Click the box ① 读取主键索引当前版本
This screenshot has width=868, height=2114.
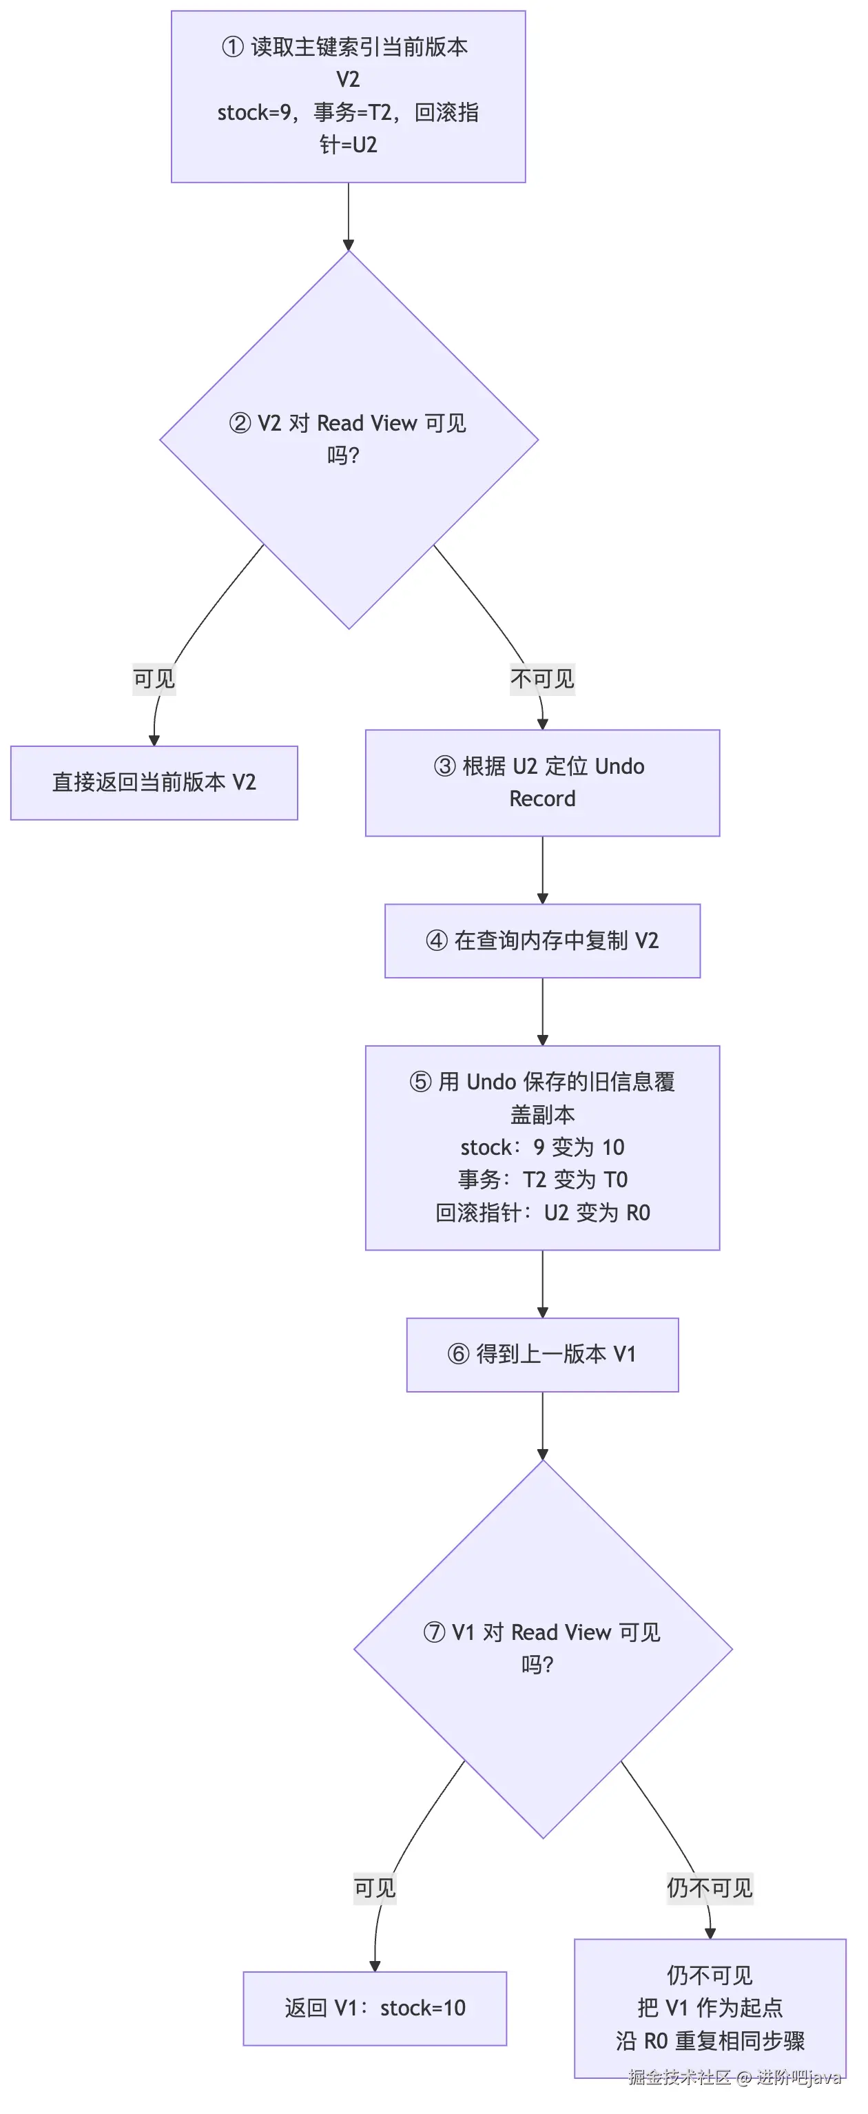point(348,96)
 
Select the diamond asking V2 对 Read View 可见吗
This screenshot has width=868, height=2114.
point(349,440)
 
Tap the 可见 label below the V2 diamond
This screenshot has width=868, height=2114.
point(154,679)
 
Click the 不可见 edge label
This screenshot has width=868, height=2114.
point(542,679)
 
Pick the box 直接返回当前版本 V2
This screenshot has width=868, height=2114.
point(154,782)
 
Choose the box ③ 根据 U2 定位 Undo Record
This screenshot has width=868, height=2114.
point(542,783)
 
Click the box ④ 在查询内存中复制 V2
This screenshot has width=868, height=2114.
point(542,941)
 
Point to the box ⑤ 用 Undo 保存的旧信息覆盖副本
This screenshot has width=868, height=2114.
point(542,1147)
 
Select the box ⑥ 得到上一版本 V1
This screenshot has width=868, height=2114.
point(542,1354)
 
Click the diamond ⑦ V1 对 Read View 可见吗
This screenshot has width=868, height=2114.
point(542,1649)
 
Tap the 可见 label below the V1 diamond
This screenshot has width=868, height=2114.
point(375,1887)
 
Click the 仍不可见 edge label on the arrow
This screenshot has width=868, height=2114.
point(710,1887)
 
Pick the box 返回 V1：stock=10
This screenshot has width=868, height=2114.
point(375,2008)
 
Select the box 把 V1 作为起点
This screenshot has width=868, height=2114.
point(710,2008)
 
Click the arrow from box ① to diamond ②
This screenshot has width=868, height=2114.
point(349,216)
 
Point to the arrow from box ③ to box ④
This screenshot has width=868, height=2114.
point(542,870)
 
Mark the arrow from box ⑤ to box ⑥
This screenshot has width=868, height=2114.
point(542,1284)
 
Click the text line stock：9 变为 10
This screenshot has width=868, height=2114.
point(542,1147)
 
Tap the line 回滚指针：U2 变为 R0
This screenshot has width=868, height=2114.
point(542,1213)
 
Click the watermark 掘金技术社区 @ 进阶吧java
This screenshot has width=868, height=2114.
point(735,2076)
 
